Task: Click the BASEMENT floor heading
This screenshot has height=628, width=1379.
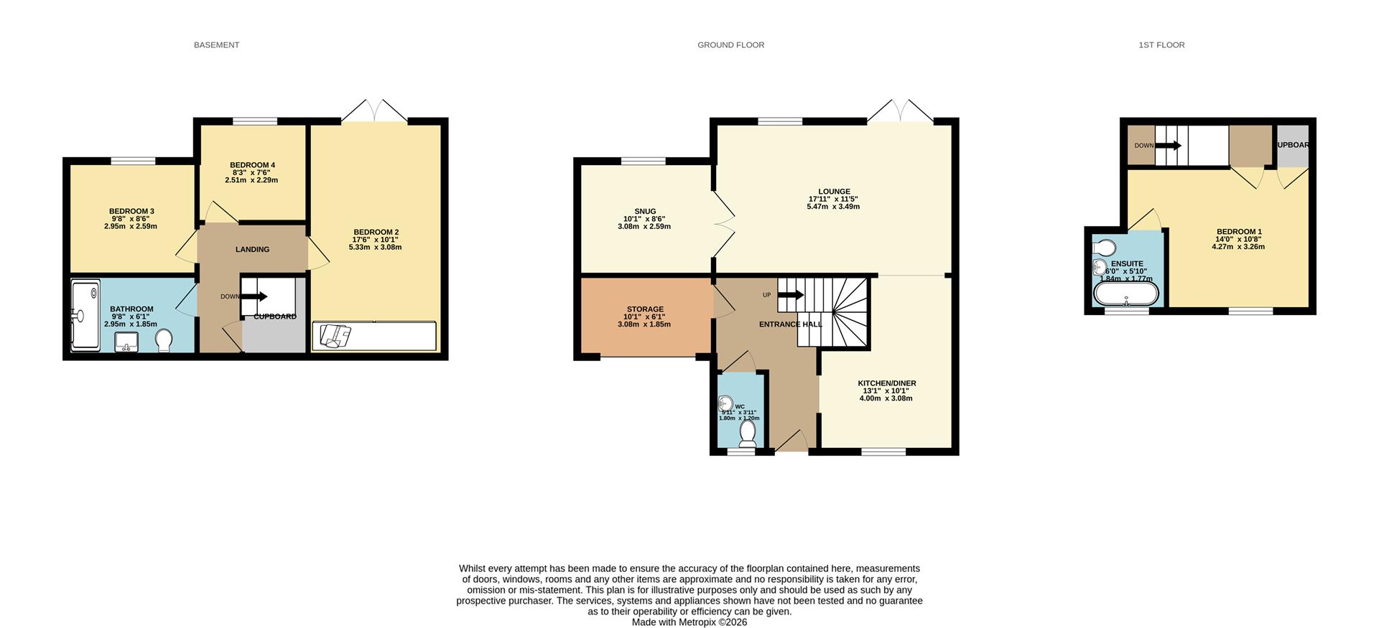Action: pos(216,44)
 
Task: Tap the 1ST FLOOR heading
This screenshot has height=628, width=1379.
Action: pos(1161,44)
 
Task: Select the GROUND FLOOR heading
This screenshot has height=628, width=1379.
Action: pos(730,44)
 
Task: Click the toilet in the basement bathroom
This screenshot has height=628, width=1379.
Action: pos(164,341)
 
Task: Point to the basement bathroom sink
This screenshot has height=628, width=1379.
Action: pos(126,342)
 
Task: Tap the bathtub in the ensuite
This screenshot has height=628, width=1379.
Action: pos(1125,294)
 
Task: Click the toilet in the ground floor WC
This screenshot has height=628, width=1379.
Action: pos(748,434)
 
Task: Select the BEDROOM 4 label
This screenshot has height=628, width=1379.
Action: pos(252,165)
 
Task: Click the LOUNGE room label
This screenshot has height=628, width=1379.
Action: pos(834,192)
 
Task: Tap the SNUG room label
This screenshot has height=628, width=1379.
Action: pos(645,212)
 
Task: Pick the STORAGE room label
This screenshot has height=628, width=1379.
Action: pos(645,309)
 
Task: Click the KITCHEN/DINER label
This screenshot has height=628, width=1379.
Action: pos(887,383)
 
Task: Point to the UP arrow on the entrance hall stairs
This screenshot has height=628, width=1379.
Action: pos(791,295)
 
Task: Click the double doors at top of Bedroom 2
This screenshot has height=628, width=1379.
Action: pos(374,111)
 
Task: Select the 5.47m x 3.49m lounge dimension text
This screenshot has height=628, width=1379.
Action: pos(833,207)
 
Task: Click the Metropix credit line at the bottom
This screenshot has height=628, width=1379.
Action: pos(689,622)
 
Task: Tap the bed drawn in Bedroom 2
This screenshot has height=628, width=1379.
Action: pos(374,336)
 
